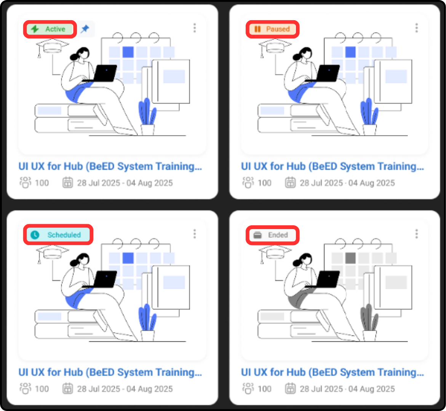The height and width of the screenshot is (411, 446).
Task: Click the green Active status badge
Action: (50, 29)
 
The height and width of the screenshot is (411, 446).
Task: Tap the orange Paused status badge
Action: (272, 29)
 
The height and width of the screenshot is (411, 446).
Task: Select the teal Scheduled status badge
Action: (58, 235)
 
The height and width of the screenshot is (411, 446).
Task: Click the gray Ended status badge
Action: (272, 235)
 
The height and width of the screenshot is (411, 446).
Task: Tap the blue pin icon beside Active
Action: (85, 29)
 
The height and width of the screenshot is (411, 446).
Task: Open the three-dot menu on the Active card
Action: (195, 28)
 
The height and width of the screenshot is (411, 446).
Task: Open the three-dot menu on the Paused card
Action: (416, 28)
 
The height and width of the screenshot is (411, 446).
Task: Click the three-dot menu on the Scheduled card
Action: (195, 234)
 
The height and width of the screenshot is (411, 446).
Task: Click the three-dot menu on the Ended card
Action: (416, 234)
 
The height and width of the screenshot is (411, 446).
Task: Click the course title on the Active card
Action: (110, 167)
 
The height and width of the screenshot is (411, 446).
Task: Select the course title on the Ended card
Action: (332, 372)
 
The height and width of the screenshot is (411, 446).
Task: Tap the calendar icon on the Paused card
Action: (290, 183)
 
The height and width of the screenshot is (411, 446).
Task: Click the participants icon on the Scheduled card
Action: (25, 389)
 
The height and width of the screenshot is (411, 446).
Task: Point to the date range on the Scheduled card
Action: (125, 389)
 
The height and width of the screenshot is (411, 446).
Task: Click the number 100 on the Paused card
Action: (264, 183)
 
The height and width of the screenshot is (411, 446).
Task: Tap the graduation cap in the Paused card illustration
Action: (275, 46)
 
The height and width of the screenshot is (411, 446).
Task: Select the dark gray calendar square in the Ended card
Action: (350, 258)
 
